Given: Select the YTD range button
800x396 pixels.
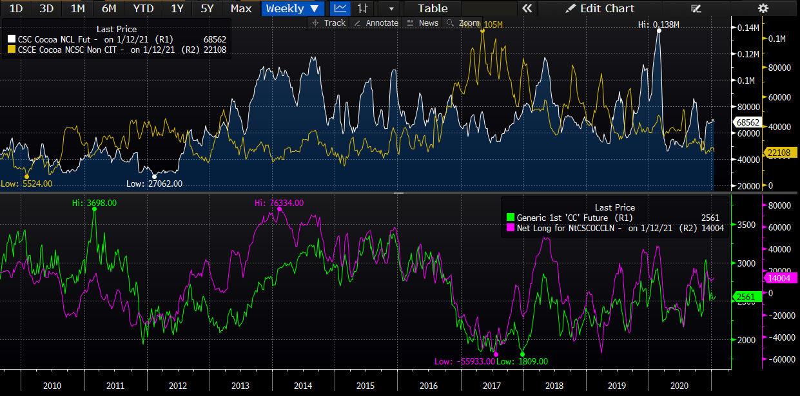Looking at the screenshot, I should (x=143, y=8).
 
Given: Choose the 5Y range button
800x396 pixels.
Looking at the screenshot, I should (x=207, y=8).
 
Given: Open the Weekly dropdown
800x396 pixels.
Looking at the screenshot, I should (x=292, y=8).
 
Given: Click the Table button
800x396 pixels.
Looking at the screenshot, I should (x=433, y=8).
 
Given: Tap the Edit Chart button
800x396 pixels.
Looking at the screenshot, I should (x=600, y=8).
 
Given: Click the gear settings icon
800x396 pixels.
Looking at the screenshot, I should (x=763, y=8).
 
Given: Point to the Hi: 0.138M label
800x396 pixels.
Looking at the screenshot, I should (x=659, y=24).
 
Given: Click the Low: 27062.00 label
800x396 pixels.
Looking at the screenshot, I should (x=154, y=184).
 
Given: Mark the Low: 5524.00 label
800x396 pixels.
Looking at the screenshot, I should (x=26, y=184).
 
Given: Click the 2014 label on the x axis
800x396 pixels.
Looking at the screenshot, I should (x=303, y=385).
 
